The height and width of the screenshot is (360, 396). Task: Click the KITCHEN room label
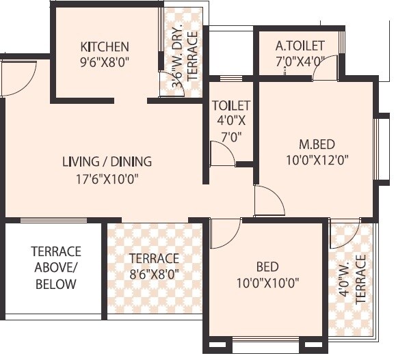tap(105, 47)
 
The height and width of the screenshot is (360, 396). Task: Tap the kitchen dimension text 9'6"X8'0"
tap(105, 61)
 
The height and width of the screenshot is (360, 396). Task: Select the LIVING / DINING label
tap(107, 162)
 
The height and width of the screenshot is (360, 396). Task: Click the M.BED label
tap(317, 144)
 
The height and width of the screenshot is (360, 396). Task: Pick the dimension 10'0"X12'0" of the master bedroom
tap(317, 159)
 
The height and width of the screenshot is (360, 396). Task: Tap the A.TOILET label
tap(300, 46)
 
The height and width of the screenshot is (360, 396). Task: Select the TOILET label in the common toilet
tap(230, 106)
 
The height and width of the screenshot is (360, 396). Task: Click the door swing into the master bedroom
tap(269, 200)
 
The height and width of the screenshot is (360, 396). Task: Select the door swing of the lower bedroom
tap(223, 234)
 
